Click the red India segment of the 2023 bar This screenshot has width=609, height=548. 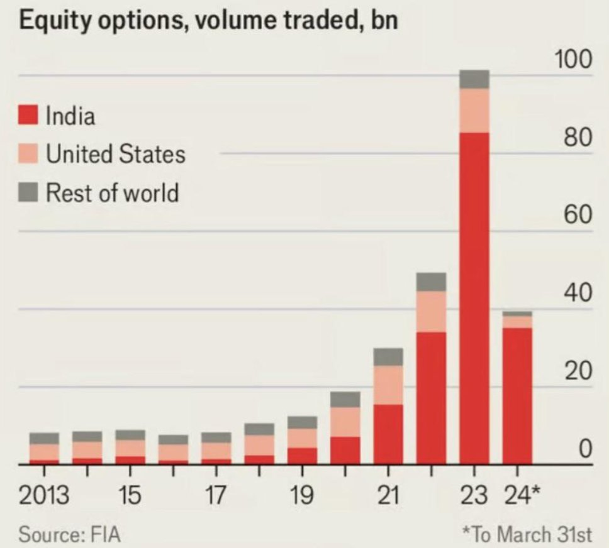pos(474,295)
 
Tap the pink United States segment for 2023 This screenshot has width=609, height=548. pos(474,110)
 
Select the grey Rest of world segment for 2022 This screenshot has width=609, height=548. pos(431,282)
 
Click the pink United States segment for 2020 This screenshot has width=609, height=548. pos(345,422)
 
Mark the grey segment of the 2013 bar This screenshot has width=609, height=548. pos(44,438)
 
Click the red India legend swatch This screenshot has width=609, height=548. pos(29,116)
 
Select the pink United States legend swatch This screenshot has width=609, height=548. pos(29,153)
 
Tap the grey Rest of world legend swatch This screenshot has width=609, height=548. pos(29,192)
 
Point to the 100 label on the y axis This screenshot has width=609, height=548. pos(573,60)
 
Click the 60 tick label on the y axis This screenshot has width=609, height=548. pos(578,216)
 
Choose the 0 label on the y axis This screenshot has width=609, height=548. pos(586,449)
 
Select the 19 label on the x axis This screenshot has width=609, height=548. pos(302,496)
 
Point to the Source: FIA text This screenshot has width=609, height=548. pos(69,535)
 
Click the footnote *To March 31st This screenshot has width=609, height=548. pos(527,535)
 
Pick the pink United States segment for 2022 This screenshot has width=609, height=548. pos(431,311)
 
